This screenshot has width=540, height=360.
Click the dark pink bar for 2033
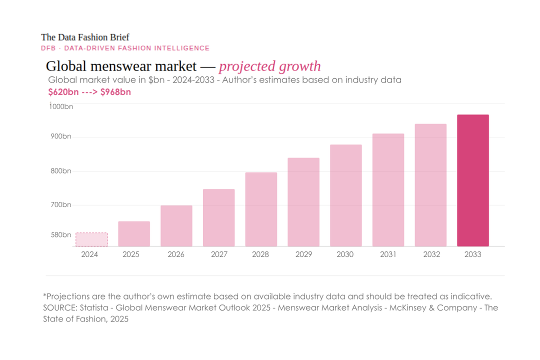[473, 180]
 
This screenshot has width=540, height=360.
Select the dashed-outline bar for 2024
[91, 239]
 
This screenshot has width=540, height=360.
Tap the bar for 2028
[261, 209]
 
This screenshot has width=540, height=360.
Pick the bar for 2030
[345, 195]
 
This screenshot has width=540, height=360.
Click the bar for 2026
[176, 226]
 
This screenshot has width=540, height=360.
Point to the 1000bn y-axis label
[61, 106]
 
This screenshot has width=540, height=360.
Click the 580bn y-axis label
[62, 234]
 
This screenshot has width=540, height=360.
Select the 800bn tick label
[62, 171]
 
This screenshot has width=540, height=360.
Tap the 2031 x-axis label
[388, 254]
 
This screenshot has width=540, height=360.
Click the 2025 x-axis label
[131, 254]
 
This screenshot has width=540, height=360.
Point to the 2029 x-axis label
[303, 254]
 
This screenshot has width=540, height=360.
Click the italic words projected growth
[270, 66]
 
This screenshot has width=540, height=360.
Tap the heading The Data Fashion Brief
[85, 37]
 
